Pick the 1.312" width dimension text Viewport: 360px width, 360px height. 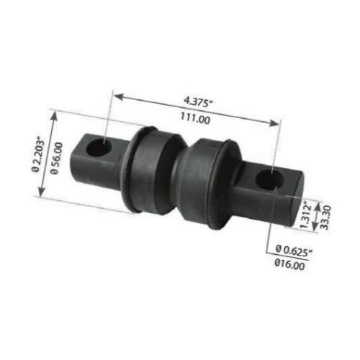click(x=307, y=214)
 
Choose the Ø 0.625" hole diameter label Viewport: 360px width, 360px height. click(x=295, y=249)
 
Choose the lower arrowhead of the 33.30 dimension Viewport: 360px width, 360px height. click(x=315, y=227)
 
